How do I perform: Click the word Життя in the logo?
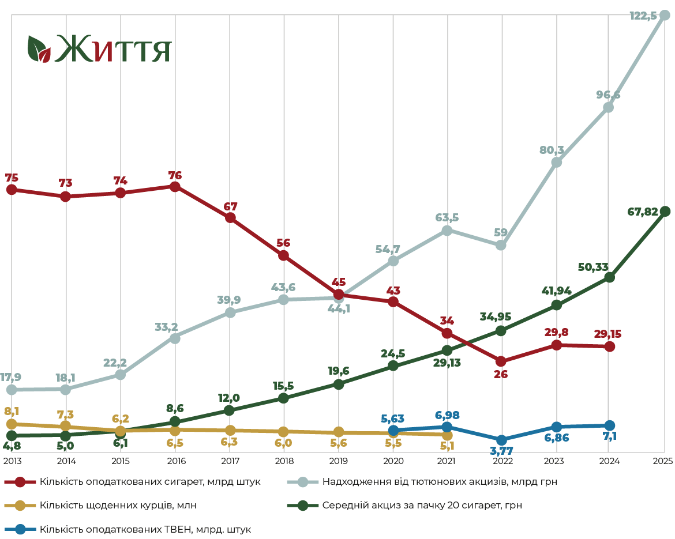pyautogui.click(x=113, y=48)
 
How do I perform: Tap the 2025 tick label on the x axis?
pyautogui.click(x=663, y=461)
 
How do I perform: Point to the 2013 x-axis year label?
pyautogui.click(x=12, y=461)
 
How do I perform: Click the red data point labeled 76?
pyautogui.click(x=175, y=187)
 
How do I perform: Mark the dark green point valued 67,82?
pyautogui.click(x=665, y=211)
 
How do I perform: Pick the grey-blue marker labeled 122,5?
pyautogui.click(x=665, y=15)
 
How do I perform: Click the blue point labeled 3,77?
pyautogui.click(x=502, y=440)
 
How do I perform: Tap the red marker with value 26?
pyautogui.click(x=501, y=361)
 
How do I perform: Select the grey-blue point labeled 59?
pyautogui.click(x=501, y=245)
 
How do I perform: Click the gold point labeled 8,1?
pyautogui.click(x=12, y=424)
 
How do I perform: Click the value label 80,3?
pyautogui.click(x=552, y=150)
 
